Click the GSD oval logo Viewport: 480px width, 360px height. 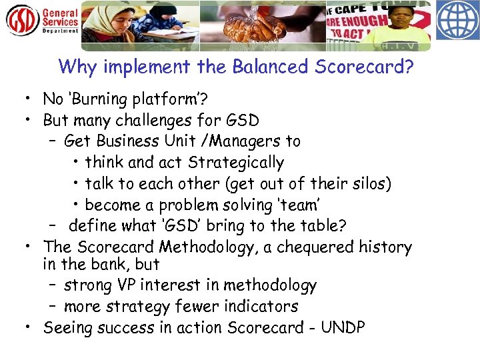point(23,20)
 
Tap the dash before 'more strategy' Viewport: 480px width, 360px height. point(53,307)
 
